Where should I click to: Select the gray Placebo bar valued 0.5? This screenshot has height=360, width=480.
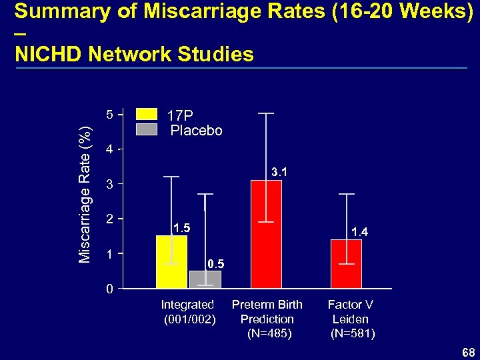[205, 279]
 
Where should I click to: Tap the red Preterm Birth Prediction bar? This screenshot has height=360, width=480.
[266, 233]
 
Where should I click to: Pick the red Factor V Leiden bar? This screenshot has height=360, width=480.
[346, 263]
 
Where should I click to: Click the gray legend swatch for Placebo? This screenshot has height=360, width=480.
[146, 129]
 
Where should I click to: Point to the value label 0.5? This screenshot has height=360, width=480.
[215, 265]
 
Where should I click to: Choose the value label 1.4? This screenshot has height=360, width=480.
[360, 232]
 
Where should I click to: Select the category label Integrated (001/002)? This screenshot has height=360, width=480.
[189, 312]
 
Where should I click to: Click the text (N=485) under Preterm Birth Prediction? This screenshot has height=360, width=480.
[269, 333]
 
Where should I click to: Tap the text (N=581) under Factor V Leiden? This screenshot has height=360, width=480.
[352, 333]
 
